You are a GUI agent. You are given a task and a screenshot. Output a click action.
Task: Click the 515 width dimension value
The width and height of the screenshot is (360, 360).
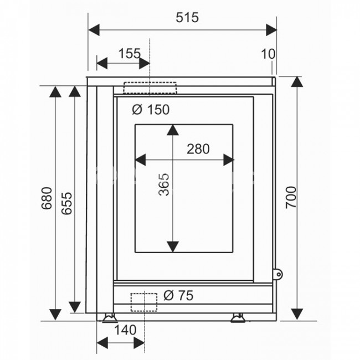pos(187,18)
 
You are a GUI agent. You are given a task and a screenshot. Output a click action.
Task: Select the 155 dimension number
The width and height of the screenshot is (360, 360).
pos(129,54)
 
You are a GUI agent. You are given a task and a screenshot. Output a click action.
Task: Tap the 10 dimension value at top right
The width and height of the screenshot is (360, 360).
pos(268,54)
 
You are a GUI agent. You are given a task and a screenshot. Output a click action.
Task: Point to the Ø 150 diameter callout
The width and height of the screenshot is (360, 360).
pos(151,110)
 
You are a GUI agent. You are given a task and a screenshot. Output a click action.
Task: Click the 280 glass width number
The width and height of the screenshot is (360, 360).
pos(198,149)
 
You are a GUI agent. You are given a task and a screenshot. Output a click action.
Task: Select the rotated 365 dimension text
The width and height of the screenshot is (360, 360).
pos(164,184)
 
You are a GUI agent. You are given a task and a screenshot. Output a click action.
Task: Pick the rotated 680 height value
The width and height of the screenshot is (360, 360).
pos(47,198)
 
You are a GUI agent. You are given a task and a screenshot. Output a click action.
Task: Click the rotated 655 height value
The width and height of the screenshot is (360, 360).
pos(67,203)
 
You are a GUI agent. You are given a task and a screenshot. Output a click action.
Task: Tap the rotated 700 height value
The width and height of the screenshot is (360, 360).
pos(291,198)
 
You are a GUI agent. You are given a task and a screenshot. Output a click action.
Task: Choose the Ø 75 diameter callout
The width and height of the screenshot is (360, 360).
pos(178,296)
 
